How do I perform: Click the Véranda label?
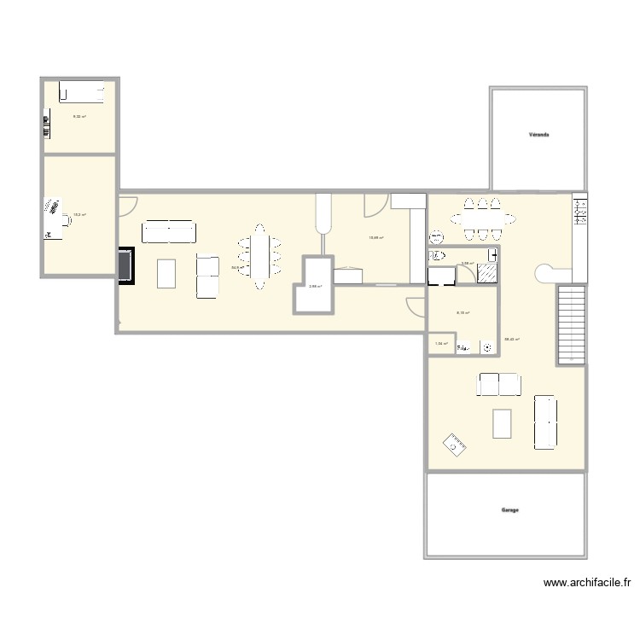538,135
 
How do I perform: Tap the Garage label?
510,510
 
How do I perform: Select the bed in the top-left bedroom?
81,91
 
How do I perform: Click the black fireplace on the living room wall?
126,264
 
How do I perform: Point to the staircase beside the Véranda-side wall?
570,324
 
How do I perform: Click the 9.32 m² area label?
79,117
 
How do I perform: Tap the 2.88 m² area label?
314,287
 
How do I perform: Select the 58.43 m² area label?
513,339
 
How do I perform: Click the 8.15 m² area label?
463,312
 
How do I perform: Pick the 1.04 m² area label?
440,344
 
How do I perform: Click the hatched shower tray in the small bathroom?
486,273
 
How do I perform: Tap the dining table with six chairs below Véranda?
482,219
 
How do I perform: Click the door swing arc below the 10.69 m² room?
416,306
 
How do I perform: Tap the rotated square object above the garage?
453,444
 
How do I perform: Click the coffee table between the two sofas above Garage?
502,423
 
